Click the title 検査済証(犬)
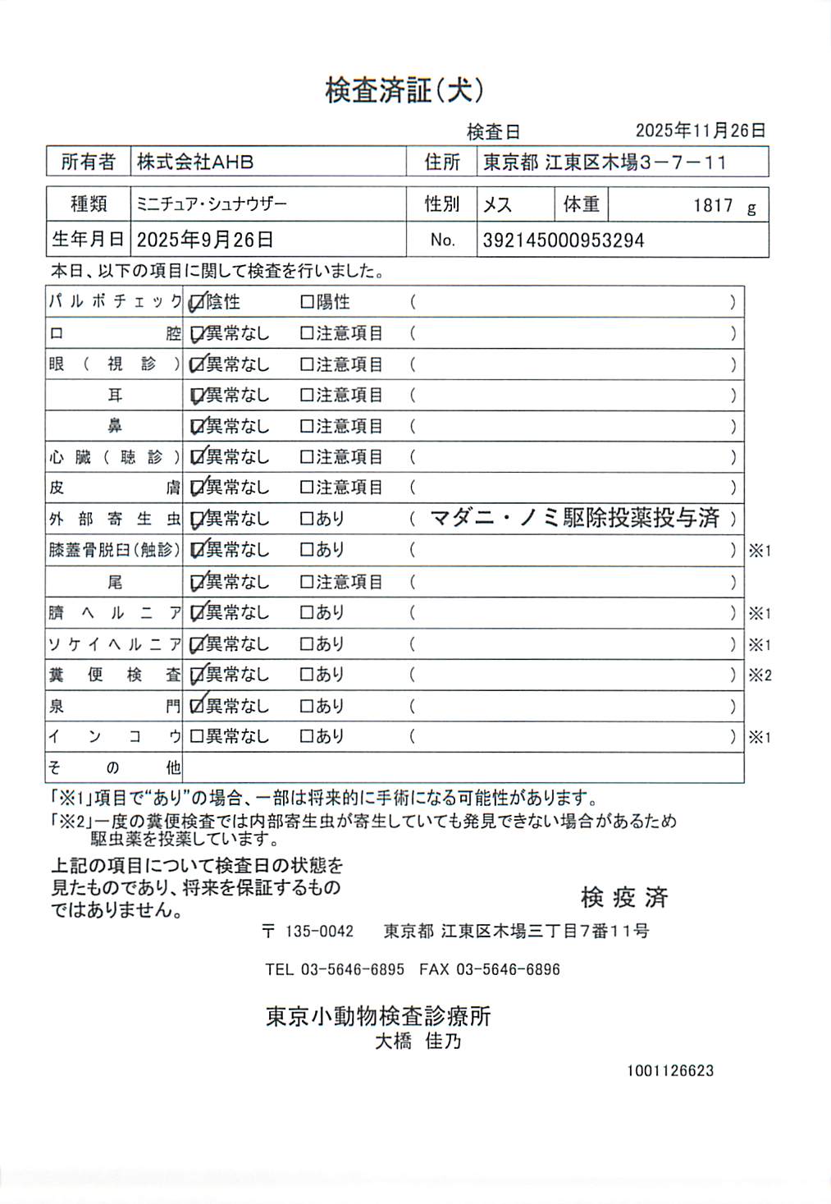click(404, 90)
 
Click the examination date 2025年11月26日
click(701, 130)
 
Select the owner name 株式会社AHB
click(195, 163)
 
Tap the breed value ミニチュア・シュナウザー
click(212, 204)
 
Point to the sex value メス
click(497, 204)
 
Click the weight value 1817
click(713, 205)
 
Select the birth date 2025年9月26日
click(205, 240)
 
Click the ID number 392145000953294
click(564, 240)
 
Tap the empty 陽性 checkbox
click(307, 302)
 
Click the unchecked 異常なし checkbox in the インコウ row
click(197, 737)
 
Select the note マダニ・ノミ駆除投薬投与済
click(574, 518)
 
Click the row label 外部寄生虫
click(114, 519)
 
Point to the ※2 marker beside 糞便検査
click(760, 675)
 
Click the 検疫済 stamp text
click(624, 897)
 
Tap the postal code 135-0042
click(319, 932)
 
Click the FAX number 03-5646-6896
click(508, 969)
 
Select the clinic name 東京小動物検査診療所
click(378, 1016)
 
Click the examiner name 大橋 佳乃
click(418, 1041)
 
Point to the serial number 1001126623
click(670, 1070)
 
